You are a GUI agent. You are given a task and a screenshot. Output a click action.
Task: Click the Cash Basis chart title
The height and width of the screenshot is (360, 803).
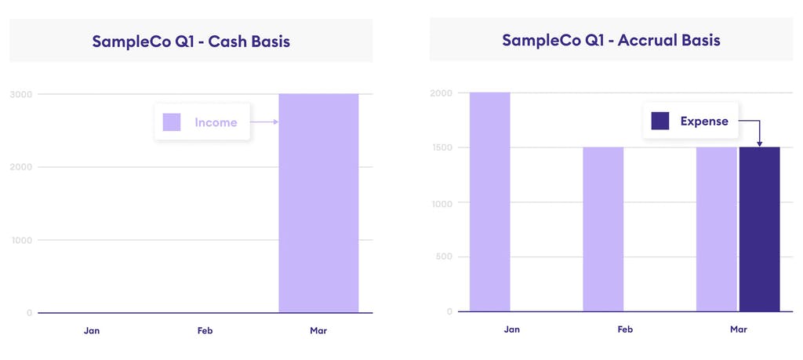coord(191,42)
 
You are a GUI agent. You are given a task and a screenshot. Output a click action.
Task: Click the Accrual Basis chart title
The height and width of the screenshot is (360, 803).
coord(611,40)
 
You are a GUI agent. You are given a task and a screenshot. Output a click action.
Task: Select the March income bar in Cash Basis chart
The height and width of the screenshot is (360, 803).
coord(318,203)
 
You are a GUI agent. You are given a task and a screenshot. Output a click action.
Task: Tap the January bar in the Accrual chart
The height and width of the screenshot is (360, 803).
coord(489,202)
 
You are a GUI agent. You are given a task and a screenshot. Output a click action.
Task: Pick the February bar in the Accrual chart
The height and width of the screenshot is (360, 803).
coord(603,229)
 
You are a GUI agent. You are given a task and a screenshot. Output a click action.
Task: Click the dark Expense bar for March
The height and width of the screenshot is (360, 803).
coord(759,229)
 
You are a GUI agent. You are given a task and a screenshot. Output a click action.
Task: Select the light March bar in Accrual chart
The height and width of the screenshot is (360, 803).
coord(716,229)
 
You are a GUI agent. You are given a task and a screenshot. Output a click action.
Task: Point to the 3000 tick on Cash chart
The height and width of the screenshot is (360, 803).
coord(24,94)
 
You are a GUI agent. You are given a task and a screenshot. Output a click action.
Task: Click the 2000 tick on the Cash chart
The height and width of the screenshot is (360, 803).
coord(24,167)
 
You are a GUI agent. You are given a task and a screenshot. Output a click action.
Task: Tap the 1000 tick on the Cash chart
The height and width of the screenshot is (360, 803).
coord(24,240)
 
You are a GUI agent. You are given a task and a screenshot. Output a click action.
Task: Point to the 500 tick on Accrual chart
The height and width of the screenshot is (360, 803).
coord(444,256)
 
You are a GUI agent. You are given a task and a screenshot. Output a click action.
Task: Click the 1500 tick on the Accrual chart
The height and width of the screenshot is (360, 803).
coord(441,147)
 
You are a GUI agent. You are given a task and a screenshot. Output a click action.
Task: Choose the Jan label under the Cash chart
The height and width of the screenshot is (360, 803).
coord(92,330)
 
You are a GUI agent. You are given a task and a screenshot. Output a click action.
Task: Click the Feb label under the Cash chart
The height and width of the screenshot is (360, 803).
coord(205,330)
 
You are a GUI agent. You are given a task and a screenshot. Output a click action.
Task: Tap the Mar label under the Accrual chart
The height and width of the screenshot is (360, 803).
coord(738,329)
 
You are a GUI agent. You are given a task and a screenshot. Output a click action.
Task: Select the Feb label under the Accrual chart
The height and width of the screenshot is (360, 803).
coord(625,329)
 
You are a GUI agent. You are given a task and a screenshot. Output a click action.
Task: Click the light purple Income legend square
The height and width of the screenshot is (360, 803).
coord(172,122)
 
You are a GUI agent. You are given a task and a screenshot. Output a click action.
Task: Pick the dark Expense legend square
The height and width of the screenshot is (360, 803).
coord(660,121)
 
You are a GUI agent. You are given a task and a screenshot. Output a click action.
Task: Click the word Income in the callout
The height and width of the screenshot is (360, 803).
coord(216,122)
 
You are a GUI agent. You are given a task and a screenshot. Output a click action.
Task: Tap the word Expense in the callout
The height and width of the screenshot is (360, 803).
coord(704,122)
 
